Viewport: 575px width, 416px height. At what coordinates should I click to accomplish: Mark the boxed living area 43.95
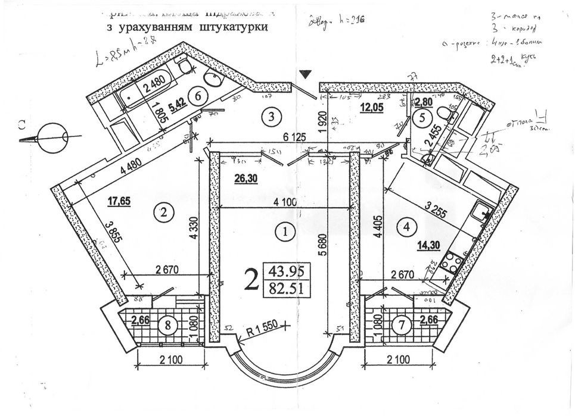tap(287, 271)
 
